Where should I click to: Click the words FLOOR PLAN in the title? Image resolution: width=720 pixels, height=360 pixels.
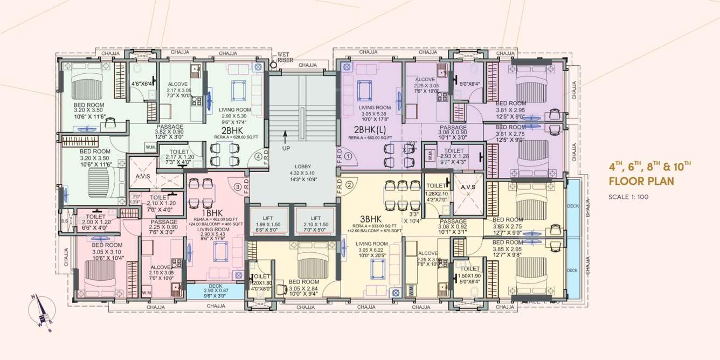[x=641, y=181]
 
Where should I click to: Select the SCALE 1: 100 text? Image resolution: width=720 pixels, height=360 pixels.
[x=628, y=197]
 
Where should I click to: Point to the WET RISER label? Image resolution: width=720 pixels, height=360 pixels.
[x=285, y=58]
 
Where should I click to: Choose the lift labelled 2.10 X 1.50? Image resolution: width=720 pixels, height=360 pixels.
[x=316, y=221]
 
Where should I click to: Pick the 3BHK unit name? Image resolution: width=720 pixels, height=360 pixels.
[x=371, y=219]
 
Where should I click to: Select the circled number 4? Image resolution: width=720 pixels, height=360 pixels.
[x=259, y=157]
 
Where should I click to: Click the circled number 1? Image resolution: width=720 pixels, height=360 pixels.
[x=348, y=157]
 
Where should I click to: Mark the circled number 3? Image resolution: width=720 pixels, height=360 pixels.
[x=237, y=187]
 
